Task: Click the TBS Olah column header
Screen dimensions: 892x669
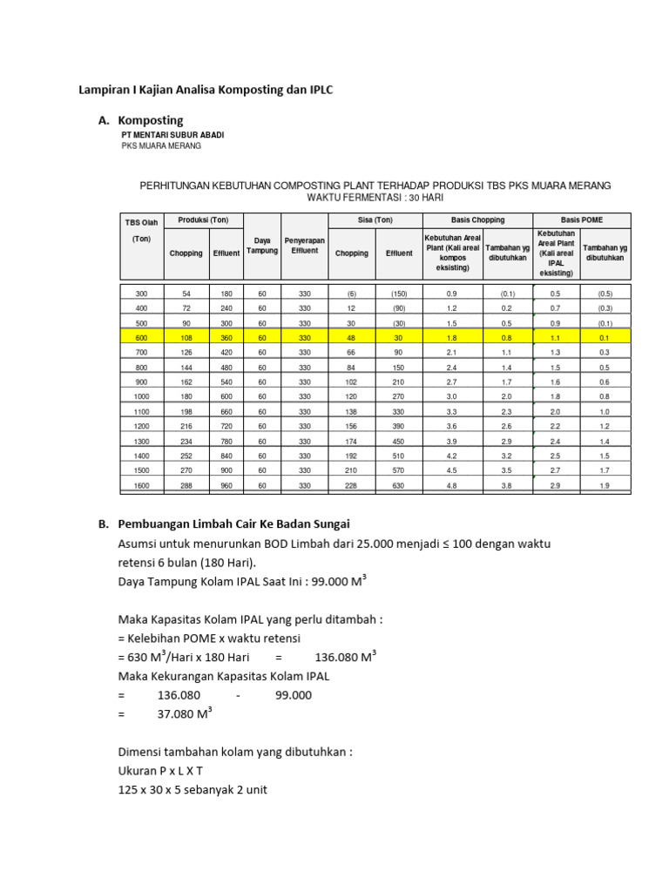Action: pos(141,223)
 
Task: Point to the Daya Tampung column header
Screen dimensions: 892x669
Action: pos(261,245)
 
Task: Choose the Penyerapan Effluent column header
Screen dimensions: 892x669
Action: pos(304,245)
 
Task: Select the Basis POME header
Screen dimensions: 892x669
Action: pos(581,220)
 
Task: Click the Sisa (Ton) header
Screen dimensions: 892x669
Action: pos(375,220)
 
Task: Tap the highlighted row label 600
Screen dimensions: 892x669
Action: pos(141,338)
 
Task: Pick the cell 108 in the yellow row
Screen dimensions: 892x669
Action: pos(184,338)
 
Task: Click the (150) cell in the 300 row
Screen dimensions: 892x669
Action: pos(399,294)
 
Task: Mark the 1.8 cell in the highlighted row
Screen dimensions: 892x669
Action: pos(451,338)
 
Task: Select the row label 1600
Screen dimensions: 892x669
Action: pos(141,486)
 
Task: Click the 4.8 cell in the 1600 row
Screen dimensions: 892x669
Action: pos(451,486)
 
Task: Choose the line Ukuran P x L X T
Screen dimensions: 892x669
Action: pos(166,771)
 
